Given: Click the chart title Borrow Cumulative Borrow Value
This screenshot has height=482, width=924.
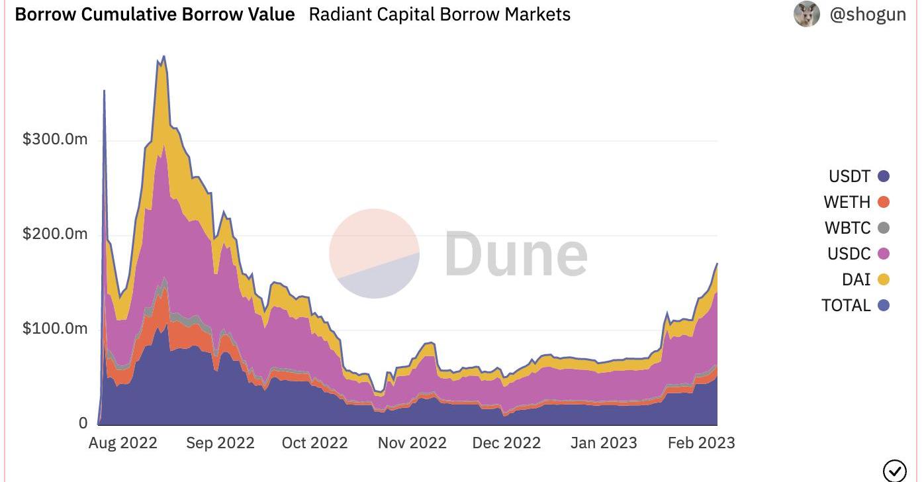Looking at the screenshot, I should coord(155,15).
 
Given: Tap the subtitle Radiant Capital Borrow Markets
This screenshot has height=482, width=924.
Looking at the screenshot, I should coord(439,15).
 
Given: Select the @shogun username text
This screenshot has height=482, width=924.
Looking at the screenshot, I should coord(867,15).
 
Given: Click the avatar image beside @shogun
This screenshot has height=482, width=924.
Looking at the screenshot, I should coord(806,14).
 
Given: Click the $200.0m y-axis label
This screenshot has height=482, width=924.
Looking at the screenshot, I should coord(55,234).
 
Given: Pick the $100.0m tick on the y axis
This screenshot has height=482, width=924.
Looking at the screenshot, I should coord(55,328).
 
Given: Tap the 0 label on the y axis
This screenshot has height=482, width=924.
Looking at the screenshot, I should coord(83,422).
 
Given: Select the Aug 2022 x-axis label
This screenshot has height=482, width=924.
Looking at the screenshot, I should coord(123,443).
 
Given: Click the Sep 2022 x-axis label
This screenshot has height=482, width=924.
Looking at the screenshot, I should coord(220,443).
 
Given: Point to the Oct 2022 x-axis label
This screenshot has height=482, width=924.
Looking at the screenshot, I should coord(315,443).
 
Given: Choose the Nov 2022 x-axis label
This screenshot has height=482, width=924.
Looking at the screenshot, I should coord(412,443).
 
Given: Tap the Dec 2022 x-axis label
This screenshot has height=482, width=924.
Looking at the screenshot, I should coord(506,443).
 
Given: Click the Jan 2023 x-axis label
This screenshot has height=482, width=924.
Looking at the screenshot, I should coord(604,443).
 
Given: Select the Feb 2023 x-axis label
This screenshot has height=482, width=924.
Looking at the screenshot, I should coord(701,443).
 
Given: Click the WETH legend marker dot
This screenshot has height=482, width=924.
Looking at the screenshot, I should coord(883,202).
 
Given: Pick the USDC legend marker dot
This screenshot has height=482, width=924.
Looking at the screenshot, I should coord(883,254).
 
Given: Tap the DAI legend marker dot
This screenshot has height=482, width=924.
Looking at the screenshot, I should coord(883,279).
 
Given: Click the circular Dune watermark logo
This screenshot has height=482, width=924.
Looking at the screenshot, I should coord(374,254).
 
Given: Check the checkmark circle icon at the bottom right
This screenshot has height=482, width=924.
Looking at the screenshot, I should coord(894,471).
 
